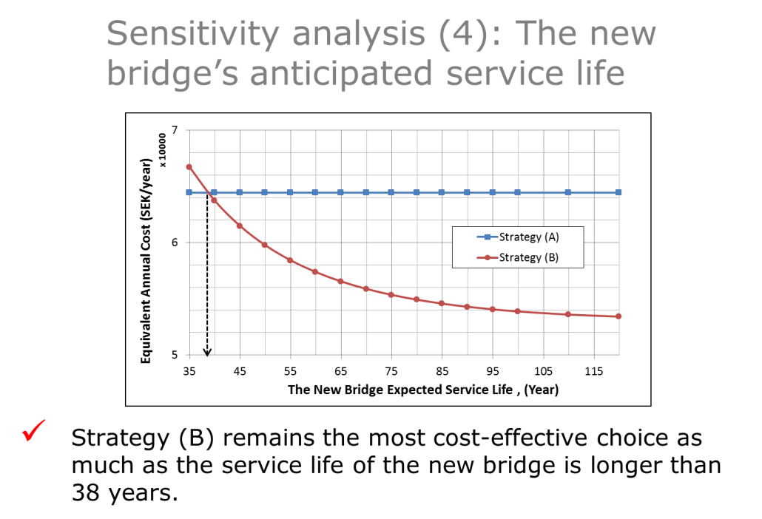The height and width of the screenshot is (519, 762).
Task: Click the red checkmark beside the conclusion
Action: pyautogui.click(x=33, y=430)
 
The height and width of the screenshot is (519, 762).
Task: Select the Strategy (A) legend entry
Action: pyautogui.click(x=518, y=237)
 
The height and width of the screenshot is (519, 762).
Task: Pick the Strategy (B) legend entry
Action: pyautogui.click(x=518, y=257)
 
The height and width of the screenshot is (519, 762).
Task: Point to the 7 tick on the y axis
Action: pyautogui.click(x=175, y=129)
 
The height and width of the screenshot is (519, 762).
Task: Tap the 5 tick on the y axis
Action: pyautogui.click(x=175, y=354)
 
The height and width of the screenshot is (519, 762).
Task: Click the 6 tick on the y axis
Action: pyautogui.click(x=175, y=242)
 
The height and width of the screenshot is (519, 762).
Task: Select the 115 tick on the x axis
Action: pyautogui.click(x=594, y=371)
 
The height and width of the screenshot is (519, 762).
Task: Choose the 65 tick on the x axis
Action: pyautogui.click(x=340, y=371)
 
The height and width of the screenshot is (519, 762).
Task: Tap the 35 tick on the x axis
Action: pyautogui.click(x=189, y=371)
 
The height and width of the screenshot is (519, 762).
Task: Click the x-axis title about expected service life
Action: pyautogui.click(x=422, y=390)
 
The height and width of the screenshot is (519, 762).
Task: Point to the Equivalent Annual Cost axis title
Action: pyautogui.click(x=146, y=261)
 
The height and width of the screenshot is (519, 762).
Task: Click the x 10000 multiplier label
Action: pyautogui.click(x=162, y=150)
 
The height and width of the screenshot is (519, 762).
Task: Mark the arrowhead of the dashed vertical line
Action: pyautogui.click(x=207, y=352)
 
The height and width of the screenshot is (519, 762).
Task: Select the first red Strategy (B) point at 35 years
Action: pyautogui.click(x=189, y=167)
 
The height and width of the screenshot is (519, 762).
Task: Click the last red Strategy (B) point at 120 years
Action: pyautogui.click(x=618, y=316)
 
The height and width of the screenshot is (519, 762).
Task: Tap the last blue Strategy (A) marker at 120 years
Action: pyautogui.click(x=618, y=192)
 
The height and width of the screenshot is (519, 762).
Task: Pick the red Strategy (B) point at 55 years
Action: pyautogui.click(x=290, y=260)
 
